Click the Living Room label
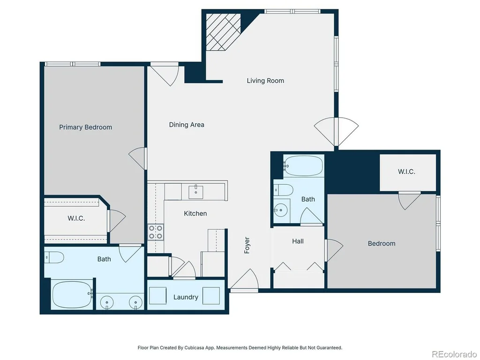(265, 81)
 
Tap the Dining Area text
(187, 125)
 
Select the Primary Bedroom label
(85, 127)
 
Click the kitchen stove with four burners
(156, 232)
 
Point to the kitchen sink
(195, 192)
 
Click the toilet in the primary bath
(54, 257)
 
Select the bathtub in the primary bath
(72, 294)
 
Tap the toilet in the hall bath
(283, 190)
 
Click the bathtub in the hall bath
(303, 166)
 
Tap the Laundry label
(186, 297)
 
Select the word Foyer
(247, 245)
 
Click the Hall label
(298, 241)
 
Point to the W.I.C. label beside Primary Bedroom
(76, 218)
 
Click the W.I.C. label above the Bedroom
(406, 172)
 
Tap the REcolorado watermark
(454, 354)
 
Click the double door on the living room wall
(336, 132)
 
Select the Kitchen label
(195, 213)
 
